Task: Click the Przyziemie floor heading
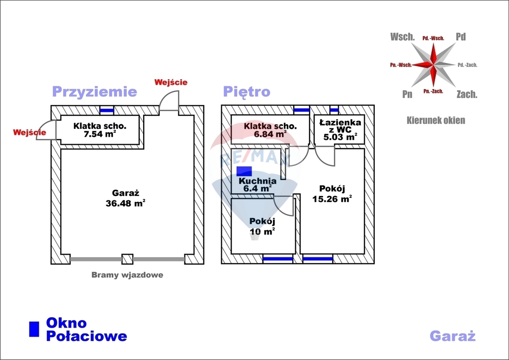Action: pyautogui.click(x=94, y=92)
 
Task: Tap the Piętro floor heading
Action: pyautogui.click(x=247, y=92)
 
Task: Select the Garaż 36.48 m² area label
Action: pyautogui.click(x=125, y=198)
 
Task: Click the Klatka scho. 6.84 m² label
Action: pyautogui.click(x=270, y=130)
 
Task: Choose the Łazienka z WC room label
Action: pyautogui.click(x=340, y=129)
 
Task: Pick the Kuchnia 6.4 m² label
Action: pyautogui.click(x=257, y=184)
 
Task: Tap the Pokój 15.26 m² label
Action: pyautogui.click(x=332, y=194)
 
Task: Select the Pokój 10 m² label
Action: pyautogui.click(x=262, y=227)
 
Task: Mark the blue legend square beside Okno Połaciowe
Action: pyautogui.click(x=34, y=329)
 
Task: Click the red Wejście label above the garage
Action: pyautogui.click(x=171, y=83)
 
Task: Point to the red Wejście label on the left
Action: pyautogui.click(x=29, y=133)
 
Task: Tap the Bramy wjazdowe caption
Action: pyautogui.click(x=127, y=275)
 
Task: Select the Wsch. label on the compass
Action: pyautogui.click(x=403, y=37)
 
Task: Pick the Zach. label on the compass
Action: pyautogui.click(x=467, y=94)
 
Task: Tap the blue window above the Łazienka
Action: pyautogui.click(x=334, y=110)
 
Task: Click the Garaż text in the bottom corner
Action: pyautogui.click(x=452, y=336)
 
